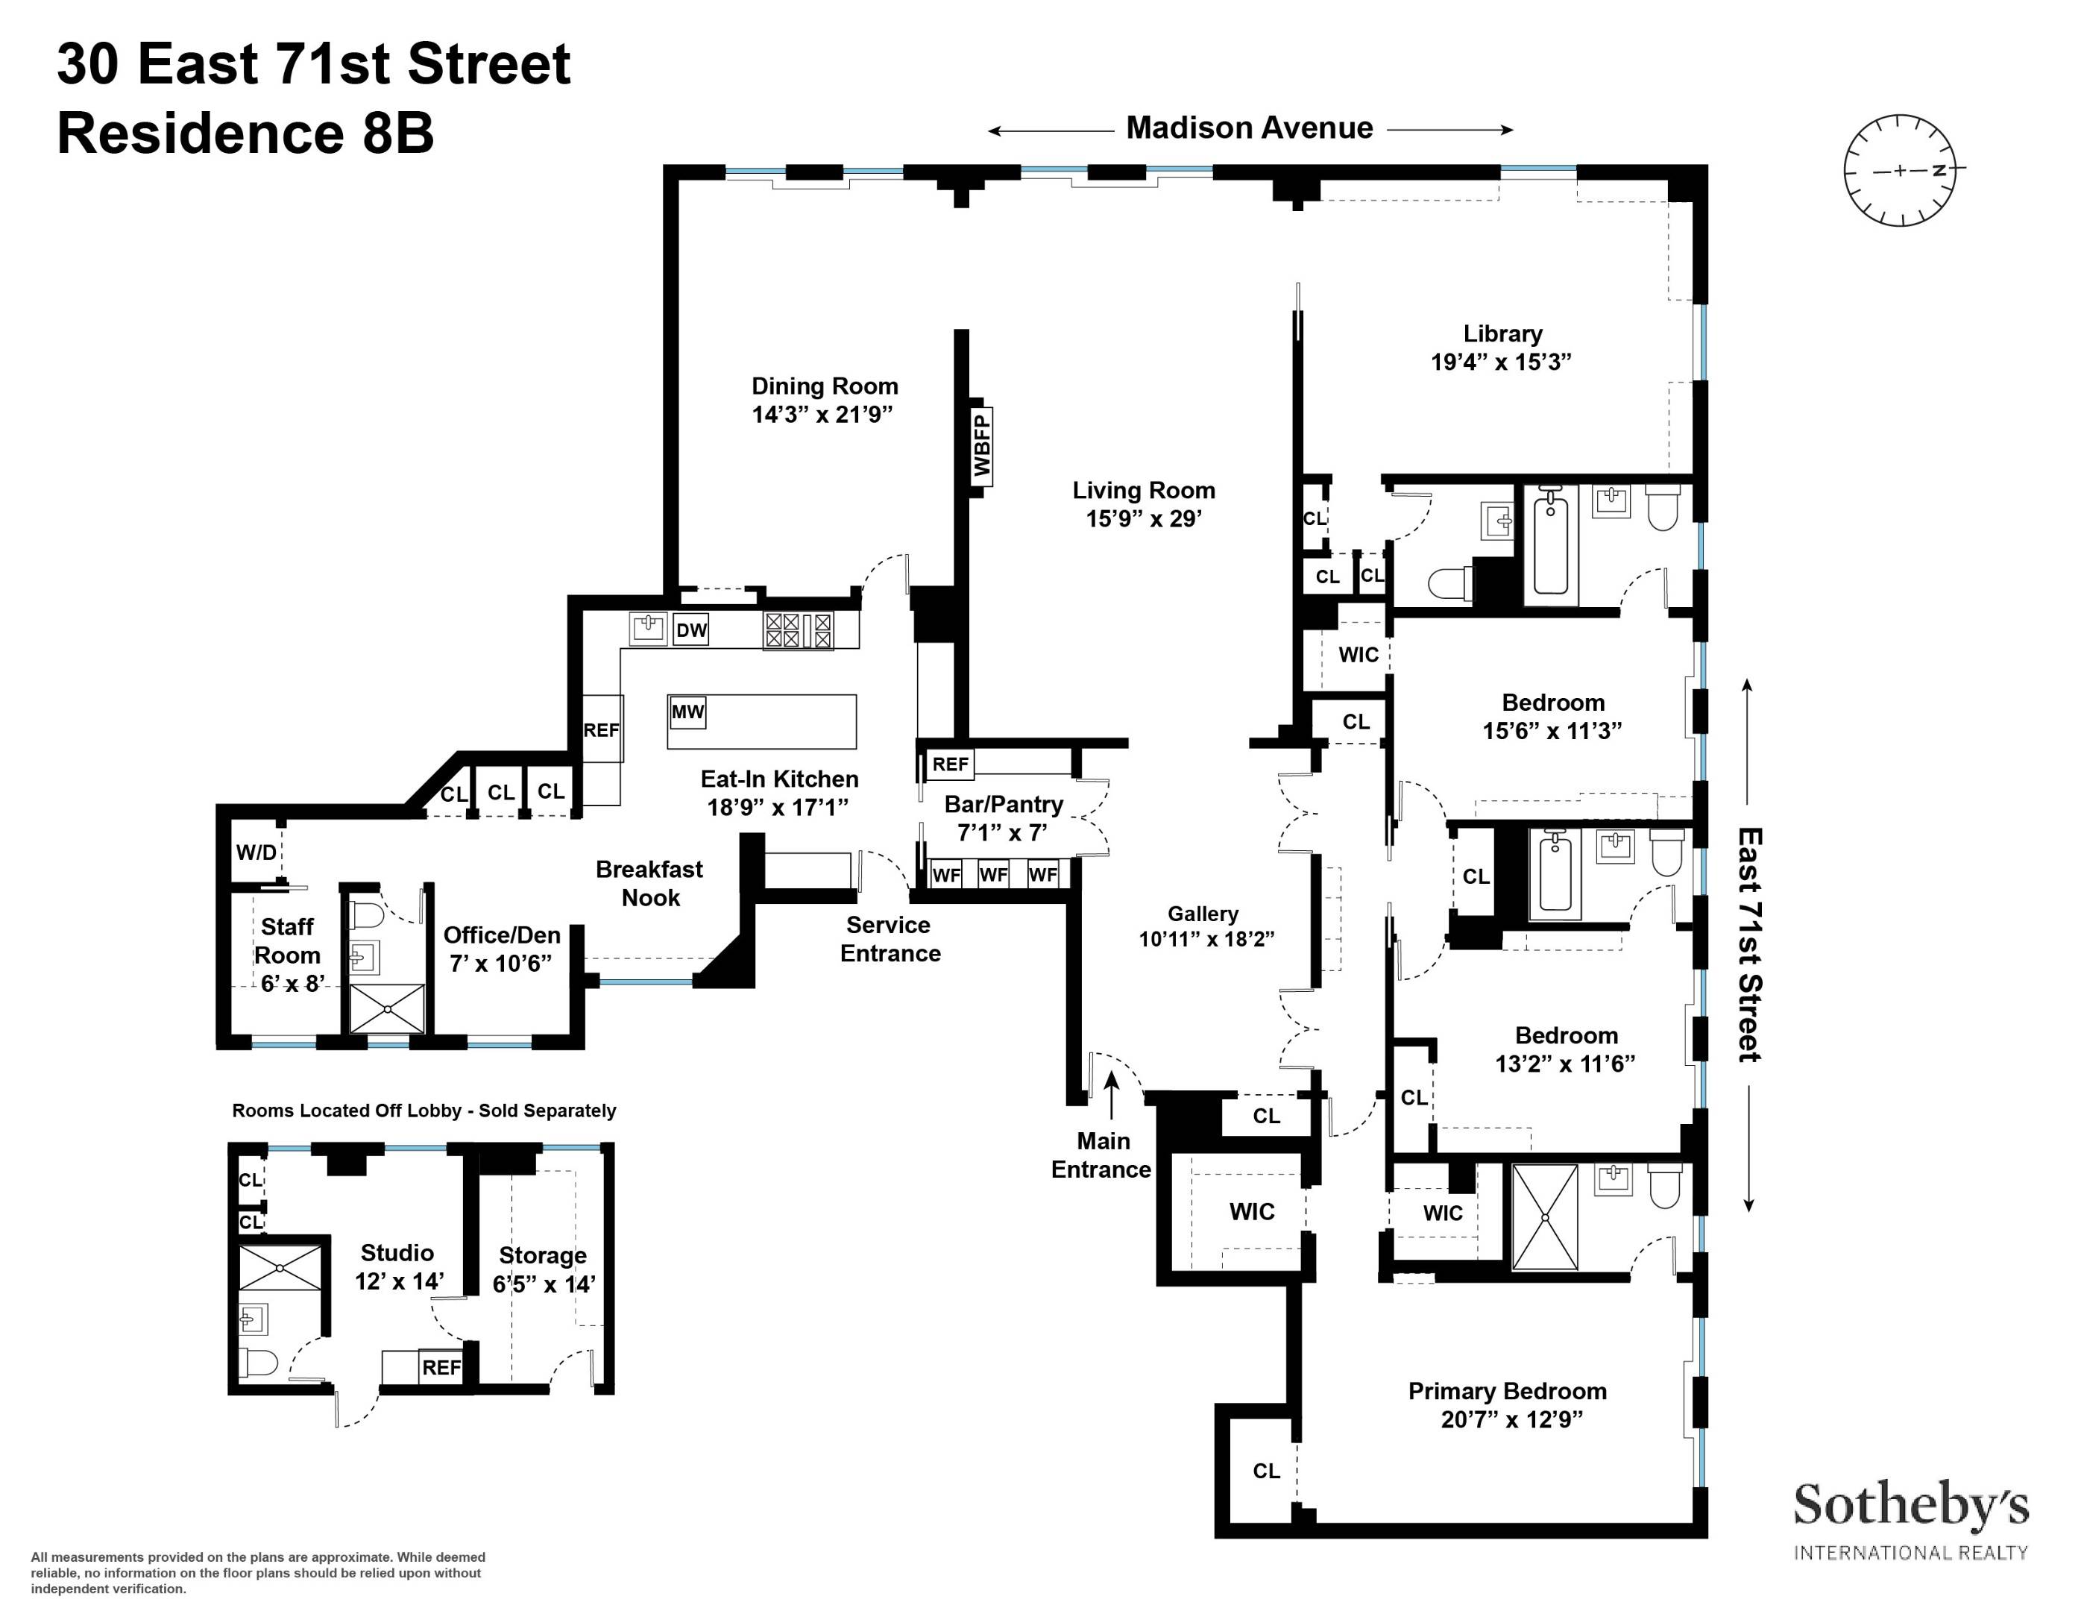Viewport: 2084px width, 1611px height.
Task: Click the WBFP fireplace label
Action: pos(982,444)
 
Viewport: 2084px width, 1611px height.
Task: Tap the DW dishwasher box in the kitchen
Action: pos(691,630)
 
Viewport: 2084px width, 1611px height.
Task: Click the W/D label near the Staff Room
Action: pos(256,852)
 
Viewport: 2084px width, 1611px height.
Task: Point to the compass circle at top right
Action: pos(1899,172)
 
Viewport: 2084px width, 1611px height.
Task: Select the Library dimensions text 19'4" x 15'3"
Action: pos(1501,362)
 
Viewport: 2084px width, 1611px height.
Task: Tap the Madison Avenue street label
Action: pos(1249,128)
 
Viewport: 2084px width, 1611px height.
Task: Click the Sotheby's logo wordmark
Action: pos(1910,1507)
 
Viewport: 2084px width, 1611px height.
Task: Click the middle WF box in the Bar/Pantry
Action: pos(993,874)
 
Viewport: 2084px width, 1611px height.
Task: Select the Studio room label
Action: pos(397,1252)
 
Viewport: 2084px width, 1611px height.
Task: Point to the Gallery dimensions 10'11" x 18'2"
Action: pos(1206,939)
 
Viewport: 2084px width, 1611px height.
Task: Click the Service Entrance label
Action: pos(890,939)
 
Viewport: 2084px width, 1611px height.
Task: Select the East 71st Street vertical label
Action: pos(1748,945)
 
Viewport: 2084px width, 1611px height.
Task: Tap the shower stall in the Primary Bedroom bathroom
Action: pos(1545,1217)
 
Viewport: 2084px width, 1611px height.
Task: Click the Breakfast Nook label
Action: pos(650,883)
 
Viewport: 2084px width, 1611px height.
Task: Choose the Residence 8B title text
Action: pos(245,134)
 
